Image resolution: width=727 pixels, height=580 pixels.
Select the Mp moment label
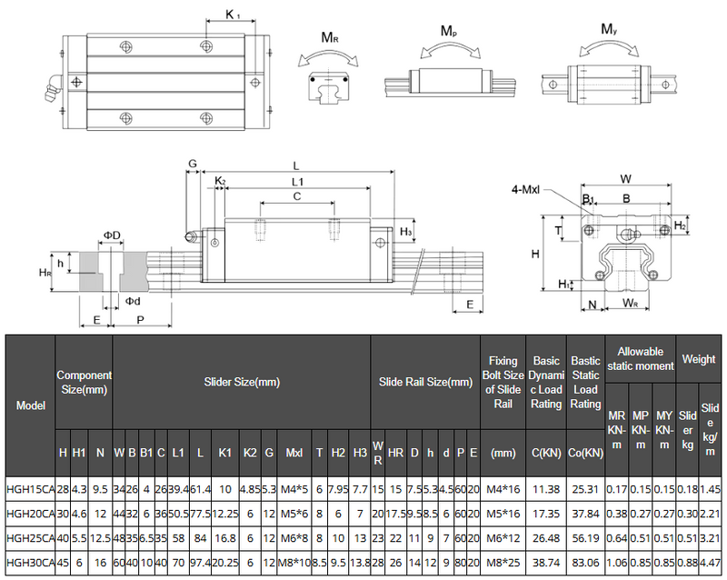click(x=448, y=31)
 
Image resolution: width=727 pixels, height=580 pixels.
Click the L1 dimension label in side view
click(x=297, y=182)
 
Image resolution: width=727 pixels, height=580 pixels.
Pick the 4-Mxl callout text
click(x=527, y=189)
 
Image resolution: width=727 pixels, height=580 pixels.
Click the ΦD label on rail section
click(x=111, y=235)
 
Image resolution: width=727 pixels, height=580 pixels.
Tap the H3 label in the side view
click(x=406, y=233)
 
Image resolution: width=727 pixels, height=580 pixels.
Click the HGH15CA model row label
click(x=31, y=489)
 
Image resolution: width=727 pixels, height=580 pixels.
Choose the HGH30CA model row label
click(x=31, y=563)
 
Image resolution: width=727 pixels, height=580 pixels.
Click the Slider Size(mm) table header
click(x=242, y=383)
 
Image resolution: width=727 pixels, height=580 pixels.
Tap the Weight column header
click(x=699, y=360)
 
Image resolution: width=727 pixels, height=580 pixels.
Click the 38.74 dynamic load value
click(x=546, y=563)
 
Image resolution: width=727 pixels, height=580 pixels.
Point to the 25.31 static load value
click(x=585, y=489)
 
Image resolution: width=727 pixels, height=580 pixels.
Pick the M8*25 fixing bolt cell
click(x=503, y=563)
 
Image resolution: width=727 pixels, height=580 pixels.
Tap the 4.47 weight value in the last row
click(x=711, y=563)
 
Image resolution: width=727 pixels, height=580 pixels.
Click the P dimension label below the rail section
click(x=139, y=320)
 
